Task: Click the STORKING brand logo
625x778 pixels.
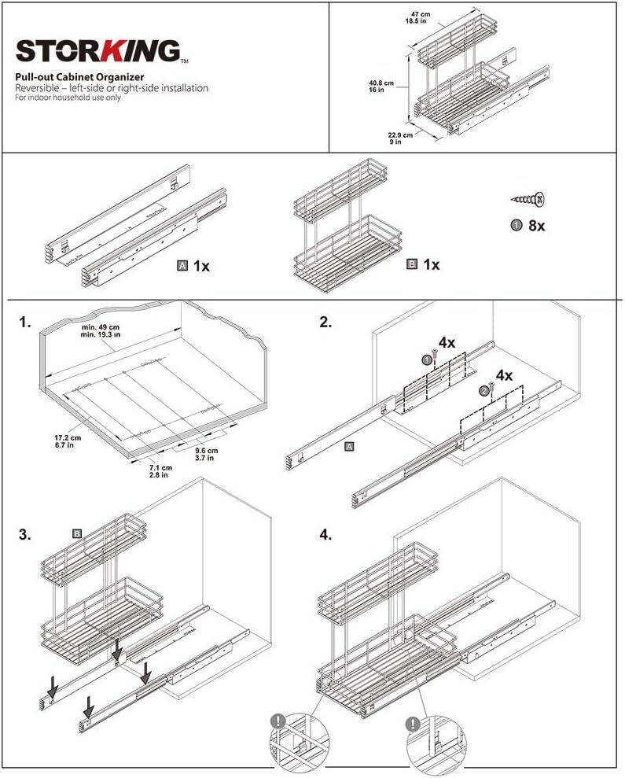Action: tap(98, 52)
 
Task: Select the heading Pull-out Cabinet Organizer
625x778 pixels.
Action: tap(79, 77)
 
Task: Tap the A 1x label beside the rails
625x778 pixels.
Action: tap(193, 266)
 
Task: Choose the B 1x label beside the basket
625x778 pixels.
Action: tap(422, 265)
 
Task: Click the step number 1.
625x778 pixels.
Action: tap(26, 323)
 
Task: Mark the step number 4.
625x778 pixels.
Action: tap(325, 535)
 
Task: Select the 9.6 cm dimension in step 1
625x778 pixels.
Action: tap(206, 455)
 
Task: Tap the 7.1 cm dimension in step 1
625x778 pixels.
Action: tap(160, 471)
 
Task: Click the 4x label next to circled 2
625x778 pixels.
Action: tap(503, 376)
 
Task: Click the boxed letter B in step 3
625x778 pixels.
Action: tap(77, 533)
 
